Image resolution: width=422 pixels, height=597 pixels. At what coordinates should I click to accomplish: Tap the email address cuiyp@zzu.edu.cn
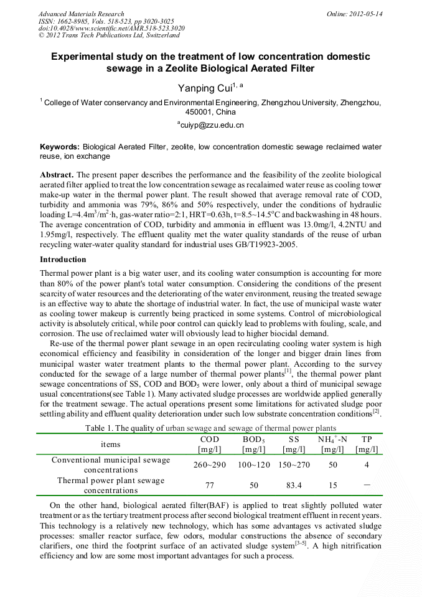(x=210, y=125)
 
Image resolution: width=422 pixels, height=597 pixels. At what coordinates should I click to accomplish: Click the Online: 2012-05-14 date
(x=355, y=14)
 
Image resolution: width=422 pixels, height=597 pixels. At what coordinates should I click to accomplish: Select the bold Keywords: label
(x=60, y=147)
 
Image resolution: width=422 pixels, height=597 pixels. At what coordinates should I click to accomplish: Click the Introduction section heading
(x=63, y=259)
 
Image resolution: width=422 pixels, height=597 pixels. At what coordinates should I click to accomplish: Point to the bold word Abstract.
(x=57, y=175)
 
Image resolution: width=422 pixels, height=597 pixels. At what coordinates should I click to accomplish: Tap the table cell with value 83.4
(x=294, y=485)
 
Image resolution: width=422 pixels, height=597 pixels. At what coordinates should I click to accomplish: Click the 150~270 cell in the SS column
(x=294, y=465)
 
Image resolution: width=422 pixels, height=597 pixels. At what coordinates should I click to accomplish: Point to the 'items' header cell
(x=111, y=444)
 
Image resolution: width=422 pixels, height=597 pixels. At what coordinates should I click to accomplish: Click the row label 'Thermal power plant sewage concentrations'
(x=111, y=485)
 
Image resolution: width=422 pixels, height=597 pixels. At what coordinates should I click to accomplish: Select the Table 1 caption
(x=211, y=428)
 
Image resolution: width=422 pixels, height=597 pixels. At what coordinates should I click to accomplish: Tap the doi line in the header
(x=111, y=28)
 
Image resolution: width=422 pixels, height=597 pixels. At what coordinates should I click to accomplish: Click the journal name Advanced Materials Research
(x=81, y=14)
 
